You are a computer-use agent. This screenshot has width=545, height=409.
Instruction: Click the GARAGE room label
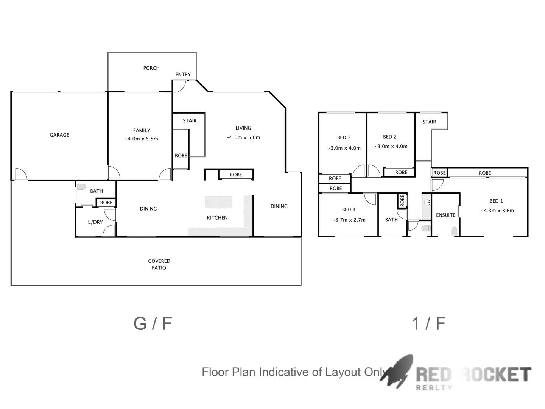coord(59,135)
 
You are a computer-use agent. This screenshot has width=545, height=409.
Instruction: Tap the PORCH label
coord(151,68)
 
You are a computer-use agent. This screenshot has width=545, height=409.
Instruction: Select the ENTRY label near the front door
coord(183,75)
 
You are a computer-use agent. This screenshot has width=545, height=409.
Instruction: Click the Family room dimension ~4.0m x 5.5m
coord(141,139)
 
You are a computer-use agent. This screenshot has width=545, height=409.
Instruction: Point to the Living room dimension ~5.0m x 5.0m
coord(243,137)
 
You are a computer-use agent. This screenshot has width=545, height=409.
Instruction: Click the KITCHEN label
coord(217,218)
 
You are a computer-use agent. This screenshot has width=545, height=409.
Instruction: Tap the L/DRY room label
coord(95,222)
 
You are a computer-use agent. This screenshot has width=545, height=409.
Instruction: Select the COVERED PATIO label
coord(159,264)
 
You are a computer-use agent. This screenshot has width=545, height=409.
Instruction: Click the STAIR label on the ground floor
coord(190,121)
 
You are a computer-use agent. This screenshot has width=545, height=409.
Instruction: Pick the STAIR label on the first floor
coord(429,122)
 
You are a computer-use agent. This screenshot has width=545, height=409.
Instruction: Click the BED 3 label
coord(344,137)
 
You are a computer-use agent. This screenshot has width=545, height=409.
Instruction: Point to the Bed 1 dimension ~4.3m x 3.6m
coord(497,211)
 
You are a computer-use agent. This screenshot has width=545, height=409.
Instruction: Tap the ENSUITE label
coord(445,215)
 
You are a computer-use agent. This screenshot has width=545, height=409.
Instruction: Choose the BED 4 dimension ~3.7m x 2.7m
coord(349,220)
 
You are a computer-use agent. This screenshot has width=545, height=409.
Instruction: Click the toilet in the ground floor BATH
coord(81,187)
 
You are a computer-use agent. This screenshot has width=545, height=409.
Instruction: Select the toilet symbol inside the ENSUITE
coord(454,231)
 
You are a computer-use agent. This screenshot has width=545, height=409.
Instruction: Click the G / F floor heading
coord(153,323)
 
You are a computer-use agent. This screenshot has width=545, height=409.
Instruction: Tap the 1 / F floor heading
coord(428,323)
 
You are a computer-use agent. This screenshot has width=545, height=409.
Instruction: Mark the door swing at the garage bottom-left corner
coord(21,175)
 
